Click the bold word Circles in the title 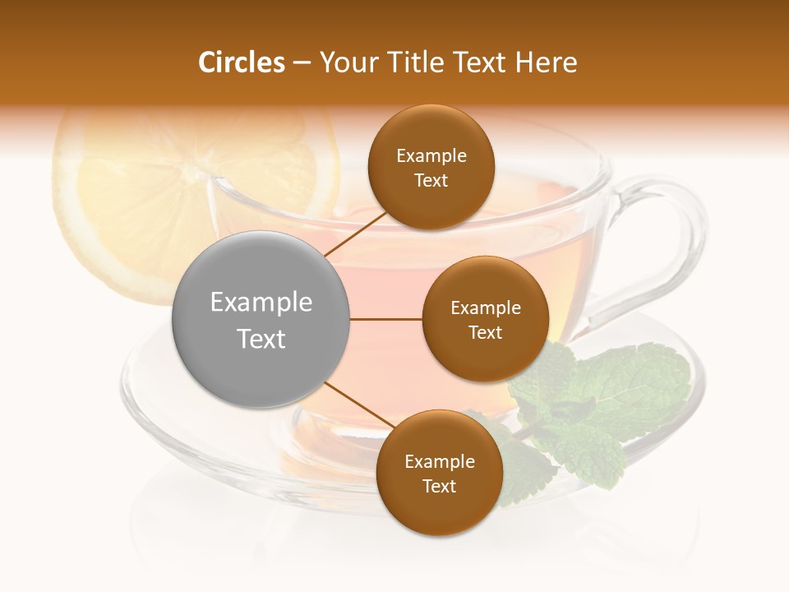pyautogui.click(x=241, y=62)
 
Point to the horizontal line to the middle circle pyautogui.click(x=386, y=320)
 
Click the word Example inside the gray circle pyautogui.click(x=261, y=303)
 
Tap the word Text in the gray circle pyautogui.click(x=261, y=339)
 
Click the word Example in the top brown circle pyautogui.click(x=431, y=156)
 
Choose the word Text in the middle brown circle pyautogui.click(x=485, y=333)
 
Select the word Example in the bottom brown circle pyautogui.click(x=440, y=462)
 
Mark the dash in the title pyautogui.click(x=301, y=63)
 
